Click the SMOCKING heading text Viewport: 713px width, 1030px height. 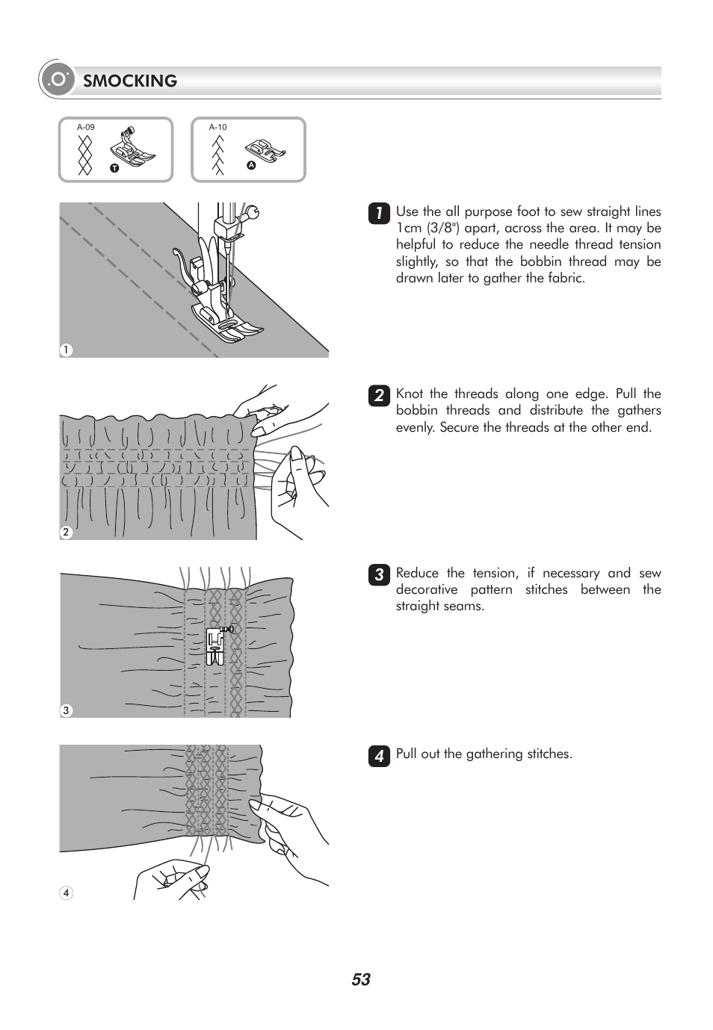(x=130, y=81)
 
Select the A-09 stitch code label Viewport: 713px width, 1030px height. (x=85, y=128)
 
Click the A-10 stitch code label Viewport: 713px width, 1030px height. (x=217, y=128)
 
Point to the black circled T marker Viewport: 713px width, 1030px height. (x=114, y=168)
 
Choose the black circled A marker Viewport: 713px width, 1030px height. (x=251, y=166)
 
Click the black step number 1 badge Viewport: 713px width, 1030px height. (x=379, y=214)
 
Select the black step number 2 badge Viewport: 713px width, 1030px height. (x=379, y=395)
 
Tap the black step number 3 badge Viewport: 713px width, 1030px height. (x=379, y=575)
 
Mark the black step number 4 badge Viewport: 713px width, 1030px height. (x=379, y=756)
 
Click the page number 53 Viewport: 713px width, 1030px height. (x=361, y=979)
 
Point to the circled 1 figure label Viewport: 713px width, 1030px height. (x=67, y=350)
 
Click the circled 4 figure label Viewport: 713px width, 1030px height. (x=67, y=893)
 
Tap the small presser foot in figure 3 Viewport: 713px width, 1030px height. (x=215, y=645)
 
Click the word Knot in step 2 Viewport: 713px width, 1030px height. (x=409, y=394)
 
